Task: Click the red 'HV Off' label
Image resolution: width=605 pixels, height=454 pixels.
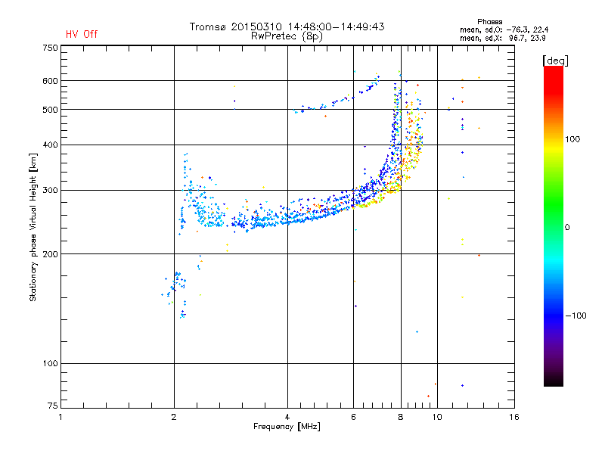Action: pyautogui.click(x=81, y=34)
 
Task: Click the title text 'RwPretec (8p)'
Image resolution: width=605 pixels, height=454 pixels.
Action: pyautogui.click(x=287, y=36)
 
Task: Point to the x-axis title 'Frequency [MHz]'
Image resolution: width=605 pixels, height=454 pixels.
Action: pyautogui.click(x=287, y=428)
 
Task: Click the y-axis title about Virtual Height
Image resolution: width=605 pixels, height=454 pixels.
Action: pyautogui.click(x=33, y=227)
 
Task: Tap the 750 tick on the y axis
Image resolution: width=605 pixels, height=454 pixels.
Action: pyautogui.click(x=49, y=48)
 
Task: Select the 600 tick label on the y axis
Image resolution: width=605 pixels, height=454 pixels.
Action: pyautogui.click(x=49, y=81)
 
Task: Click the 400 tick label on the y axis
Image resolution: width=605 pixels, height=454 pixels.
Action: pyautogui.click(x=49, y=145)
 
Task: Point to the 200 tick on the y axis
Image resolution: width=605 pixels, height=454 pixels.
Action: pyautogui.click(x=49, y=253)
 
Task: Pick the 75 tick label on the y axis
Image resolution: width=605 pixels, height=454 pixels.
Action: pyautogui.click(x=51, y=408)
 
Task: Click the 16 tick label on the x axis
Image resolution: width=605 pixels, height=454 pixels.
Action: pyautogui.click(x=513, y=417)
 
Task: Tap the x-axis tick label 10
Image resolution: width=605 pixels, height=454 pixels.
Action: pyautogui.click(x=436, y=417)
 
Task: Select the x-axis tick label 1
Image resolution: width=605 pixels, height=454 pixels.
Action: pyautogui.click(x=60, y=417)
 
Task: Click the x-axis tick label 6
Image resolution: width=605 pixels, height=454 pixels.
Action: pyautogui.click(x=353, y=417)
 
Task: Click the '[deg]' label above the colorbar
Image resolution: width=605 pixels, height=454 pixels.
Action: pyautogui.click(x=556, y=60)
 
